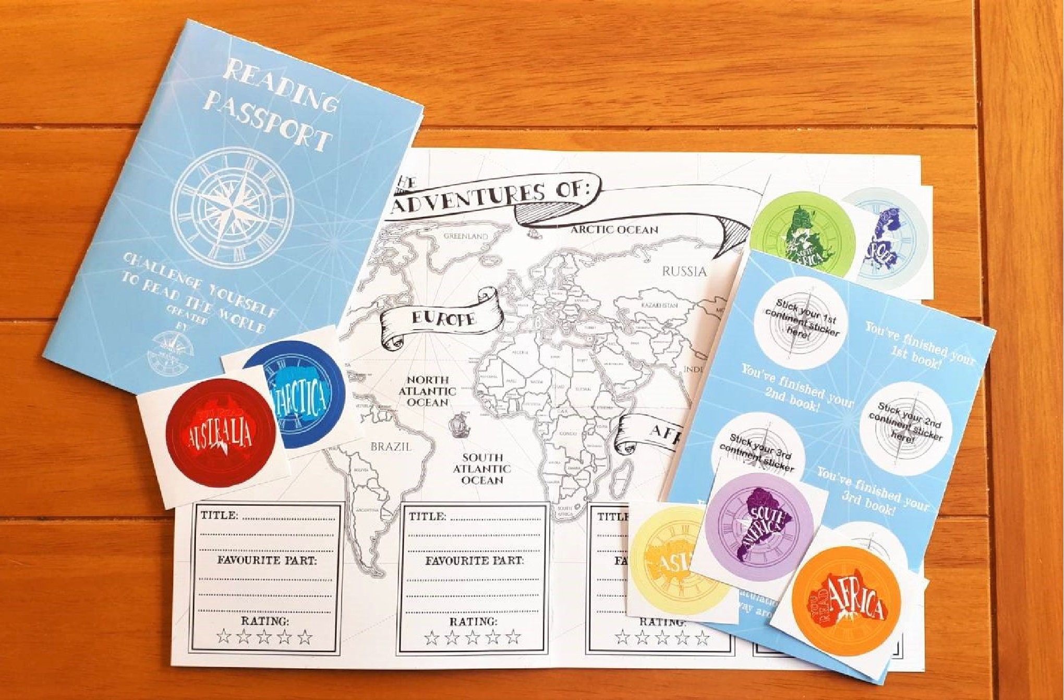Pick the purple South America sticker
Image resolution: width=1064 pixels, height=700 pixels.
pos(759,526)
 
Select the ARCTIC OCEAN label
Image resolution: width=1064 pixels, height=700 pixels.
pos(614,230)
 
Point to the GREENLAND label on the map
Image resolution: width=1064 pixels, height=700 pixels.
pos(466,236)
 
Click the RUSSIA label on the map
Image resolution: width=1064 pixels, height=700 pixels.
pos(684,271)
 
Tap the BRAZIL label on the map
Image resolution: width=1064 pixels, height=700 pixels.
pos(391,446)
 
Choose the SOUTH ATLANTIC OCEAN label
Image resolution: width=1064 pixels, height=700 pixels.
pos(481,468)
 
